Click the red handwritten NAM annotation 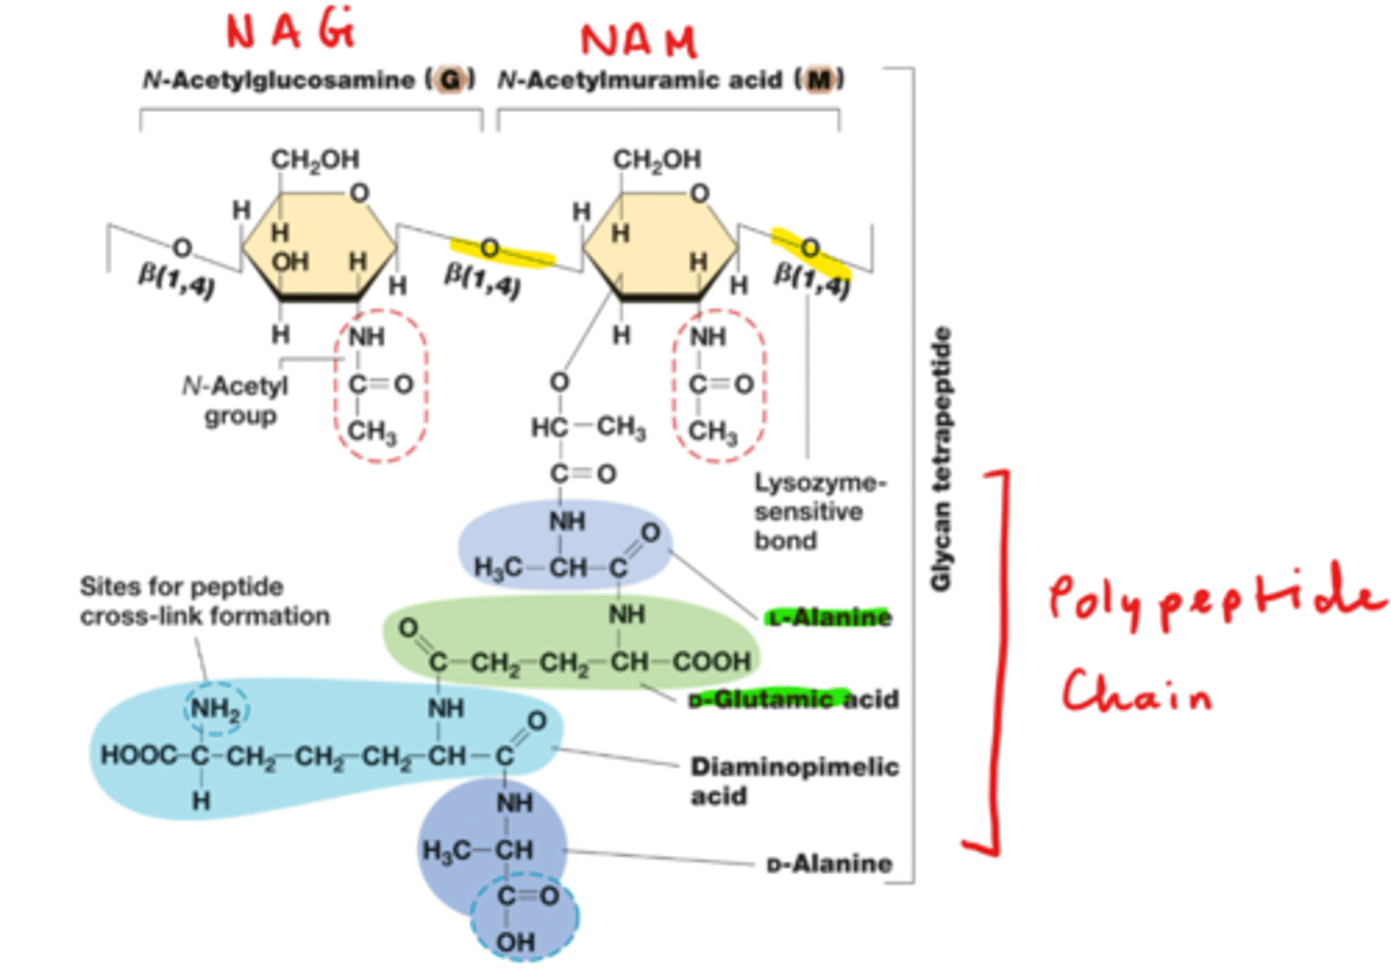(x=638, y=40)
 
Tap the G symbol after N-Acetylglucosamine (x=450, y=80)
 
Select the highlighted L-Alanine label (x=829, y=617)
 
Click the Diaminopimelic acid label (x=794, y=781)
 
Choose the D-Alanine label (x=829, y=863)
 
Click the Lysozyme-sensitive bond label (x=819, y=511)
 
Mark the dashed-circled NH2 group (x=215, y=710)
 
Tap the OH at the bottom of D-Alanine (x=515, y=940)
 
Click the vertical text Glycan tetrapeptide (x=941, y=459)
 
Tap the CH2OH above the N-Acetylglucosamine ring (x=315, y=159)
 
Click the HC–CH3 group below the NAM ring (x=587, y=427)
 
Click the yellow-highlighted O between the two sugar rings (x=491, y=250)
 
